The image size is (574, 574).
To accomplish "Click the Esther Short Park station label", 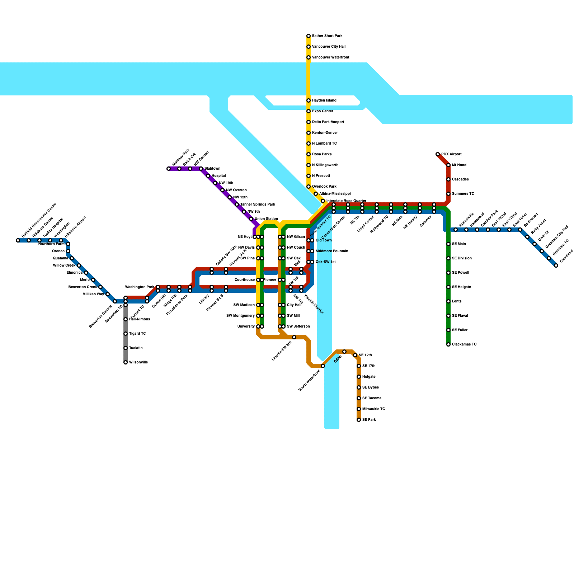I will (x=327, y=36).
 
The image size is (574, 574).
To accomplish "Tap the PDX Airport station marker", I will (x=438, y=154).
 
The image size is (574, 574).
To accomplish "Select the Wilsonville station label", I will (x=138, y=362).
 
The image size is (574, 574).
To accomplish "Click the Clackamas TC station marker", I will (x=448, y=344).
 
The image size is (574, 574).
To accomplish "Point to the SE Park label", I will (x=369, y=420).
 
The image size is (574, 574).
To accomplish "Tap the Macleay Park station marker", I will (x=169, y=169).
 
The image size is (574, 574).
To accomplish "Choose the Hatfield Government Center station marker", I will (x=18, y=240).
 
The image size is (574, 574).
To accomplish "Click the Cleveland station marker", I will (x=556, y=265).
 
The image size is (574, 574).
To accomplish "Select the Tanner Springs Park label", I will (x=258, y=204).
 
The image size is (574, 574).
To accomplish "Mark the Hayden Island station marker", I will (x=309, y=100).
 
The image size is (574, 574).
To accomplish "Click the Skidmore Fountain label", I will (x=331, y=251).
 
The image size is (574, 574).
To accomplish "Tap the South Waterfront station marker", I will (x=323, y=366).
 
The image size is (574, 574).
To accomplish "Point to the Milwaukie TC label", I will (x=373, y=409).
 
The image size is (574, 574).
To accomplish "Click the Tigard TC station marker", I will (x=126, y=334).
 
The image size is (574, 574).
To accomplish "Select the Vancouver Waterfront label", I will (x=330, y=57).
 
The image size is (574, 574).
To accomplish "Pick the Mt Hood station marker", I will (x=448, y=165).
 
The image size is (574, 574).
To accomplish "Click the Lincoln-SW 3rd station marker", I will (x=294, y=337).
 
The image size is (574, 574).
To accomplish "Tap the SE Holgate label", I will (x=461, y=287).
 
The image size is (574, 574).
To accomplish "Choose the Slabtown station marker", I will (x=201, y=169).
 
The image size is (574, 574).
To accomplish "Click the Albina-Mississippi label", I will (x=335, y=194).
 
